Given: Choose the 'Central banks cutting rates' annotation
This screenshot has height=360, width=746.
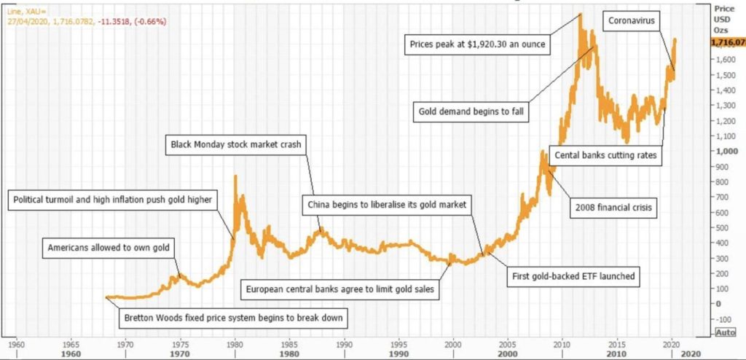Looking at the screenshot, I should pos(605,155).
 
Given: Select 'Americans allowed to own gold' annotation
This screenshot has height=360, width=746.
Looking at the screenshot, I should pos(109,248).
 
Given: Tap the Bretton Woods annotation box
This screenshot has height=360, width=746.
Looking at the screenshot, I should pos(233,318).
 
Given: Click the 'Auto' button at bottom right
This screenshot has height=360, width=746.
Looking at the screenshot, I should pos(726,332).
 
